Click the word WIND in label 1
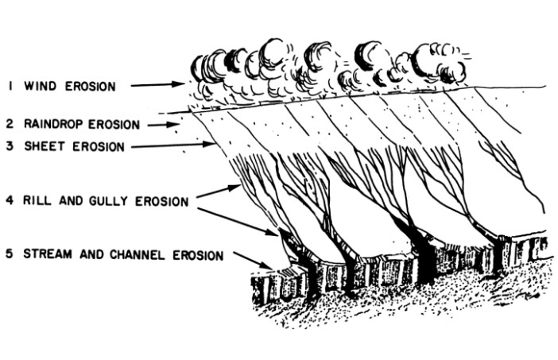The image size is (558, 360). [40, 86]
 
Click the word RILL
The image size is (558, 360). [37, 200]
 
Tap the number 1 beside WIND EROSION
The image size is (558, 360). [10, 86]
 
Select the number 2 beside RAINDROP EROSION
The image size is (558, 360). [10, 123]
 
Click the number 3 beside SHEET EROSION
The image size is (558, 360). [10, 146]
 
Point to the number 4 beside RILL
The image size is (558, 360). [10, 200]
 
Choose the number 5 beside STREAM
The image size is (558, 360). [10, 254]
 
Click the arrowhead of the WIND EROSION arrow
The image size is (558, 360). [177, 84]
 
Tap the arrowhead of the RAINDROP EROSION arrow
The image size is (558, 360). [174, 125]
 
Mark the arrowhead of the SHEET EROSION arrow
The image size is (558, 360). [207, 144]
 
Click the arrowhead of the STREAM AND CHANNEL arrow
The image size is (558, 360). [266, 265]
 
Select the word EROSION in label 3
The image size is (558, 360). [99, 146]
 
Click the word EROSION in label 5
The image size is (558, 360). [198, 255]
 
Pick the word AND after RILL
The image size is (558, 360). [70, 200]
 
